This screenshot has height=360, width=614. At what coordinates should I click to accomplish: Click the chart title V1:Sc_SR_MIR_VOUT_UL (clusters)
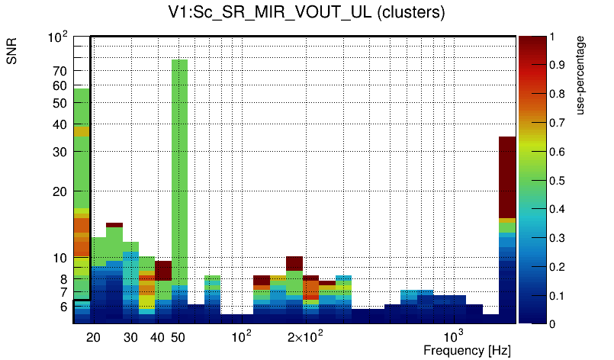(x=307, y=13)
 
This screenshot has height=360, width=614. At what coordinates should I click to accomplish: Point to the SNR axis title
(x=13, y=53)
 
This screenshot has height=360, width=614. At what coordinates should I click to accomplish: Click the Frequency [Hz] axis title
(x=467, y=350)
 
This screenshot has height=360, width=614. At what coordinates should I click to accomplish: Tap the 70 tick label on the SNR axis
(x=60, y=71)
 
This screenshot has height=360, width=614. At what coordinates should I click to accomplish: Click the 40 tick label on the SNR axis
(x=60, y=124)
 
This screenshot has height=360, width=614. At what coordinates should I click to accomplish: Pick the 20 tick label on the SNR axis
(x=60, y=191)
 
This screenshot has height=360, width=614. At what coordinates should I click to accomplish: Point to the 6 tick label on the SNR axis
(x=64, y=307)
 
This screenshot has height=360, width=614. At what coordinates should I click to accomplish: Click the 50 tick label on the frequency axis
(x=178, y=337)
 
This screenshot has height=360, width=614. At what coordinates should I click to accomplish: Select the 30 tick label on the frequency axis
(x=130, y=337)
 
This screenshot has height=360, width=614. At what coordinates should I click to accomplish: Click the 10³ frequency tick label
(x=454, y=336)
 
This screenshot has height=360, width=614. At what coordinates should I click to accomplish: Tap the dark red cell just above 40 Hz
(x=163, y=270)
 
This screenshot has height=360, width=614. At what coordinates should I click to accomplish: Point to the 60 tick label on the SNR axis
(x=60, y=86)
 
